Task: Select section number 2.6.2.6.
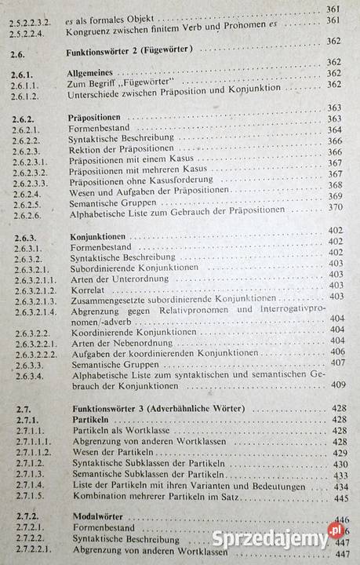tap(28, 213)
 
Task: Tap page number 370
tap(336, 207)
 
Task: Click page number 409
tap(338, 385)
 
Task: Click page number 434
tap(340, 487)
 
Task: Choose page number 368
tap(336, 184)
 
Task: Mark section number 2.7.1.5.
tap(26, 498)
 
